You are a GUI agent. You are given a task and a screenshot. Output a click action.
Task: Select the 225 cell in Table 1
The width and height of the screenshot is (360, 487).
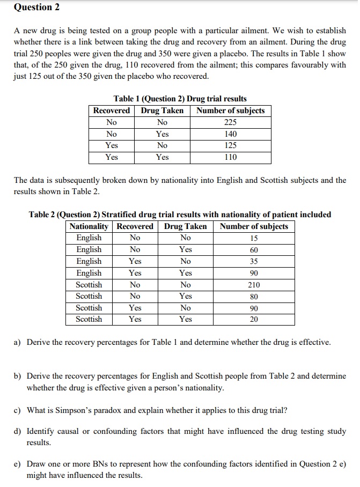click(231, 122)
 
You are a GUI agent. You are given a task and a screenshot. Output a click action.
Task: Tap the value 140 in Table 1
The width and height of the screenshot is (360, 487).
click(231, 134)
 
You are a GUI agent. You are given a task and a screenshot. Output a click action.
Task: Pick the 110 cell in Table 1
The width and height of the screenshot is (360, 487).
click(231, 157)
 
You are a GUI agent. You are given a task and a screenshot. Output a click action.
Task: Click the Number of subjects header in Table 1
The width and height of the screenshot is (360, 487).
click(231, 110)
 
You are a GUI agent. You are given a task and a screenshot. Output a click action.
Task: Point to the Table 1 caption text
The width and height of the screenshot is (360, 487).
click(180, 99)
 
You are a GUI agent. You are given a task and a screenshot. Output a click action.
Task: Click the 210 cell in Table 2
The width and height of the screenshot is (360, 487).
click(254, 285)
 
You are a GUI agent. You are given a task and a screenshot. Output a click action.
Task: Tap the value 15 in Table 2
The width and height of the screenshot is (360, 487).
click(254, 238)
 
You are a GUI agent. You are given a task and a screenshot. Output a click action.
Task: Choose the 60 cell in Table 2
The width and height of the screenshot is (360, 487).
click(254, 250)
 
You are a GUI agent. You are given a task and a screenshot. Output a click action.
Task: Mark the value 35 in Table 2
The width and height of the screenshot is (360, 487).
click(254, 262)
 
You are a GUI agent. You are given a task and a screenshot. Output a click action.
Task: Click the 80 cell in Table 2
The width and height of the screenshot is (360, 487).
click(254, 297)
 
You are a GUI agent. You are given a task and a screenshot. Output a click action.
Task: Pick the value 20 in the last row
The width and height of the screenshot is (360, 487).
click(254, 320)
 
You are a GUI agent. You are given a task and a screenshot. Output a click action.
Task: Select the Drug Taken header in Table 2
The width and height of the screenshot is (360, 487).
click(186, 226)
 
